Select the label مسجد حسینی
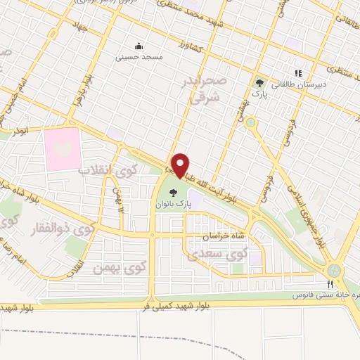pyautogui.click(x=139, y=56)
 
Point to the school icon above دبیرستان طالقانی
pyautogui.click(x=297, y=72)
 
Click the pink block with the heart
pyautogui.click(x=63, y=148)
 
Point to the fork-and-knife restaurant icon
pyautogui.click(x=329, y=284)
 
